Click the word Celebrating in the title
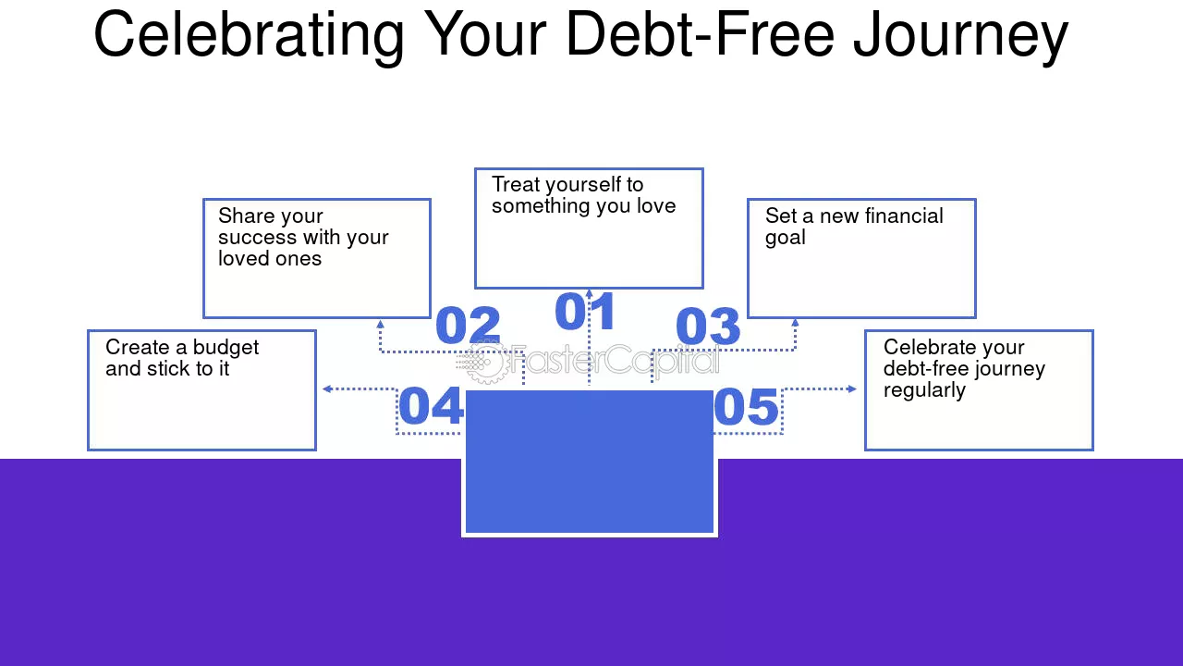[x=249, y=35]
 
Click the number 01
[x=585, y=312]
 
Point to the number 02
[x=468, y=325]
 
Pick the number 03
[x=708, y=326]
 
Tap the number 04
[x=431, y=405]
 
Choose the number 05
[x=746, y=406]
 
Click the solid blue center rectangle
[x=590, y=462]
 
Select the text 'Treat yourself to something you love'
[x=583, y=195]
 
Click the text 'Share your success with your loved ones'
[x=303, y=238]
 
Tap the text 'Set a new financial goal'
[x=854, y=227]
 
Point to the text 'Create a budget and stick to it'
[x=182, y=358]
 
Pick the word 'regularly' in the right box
[x=925, y=390]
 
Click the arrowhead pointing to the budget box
[x=327, y=389]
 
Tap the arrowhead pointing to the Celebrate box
[x=852, y=389]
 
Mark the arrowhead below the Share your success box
[x=380, y=324]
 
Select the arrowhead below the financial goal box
[x=796, y=323]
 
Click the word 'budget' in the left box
[x=226, y=348]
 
